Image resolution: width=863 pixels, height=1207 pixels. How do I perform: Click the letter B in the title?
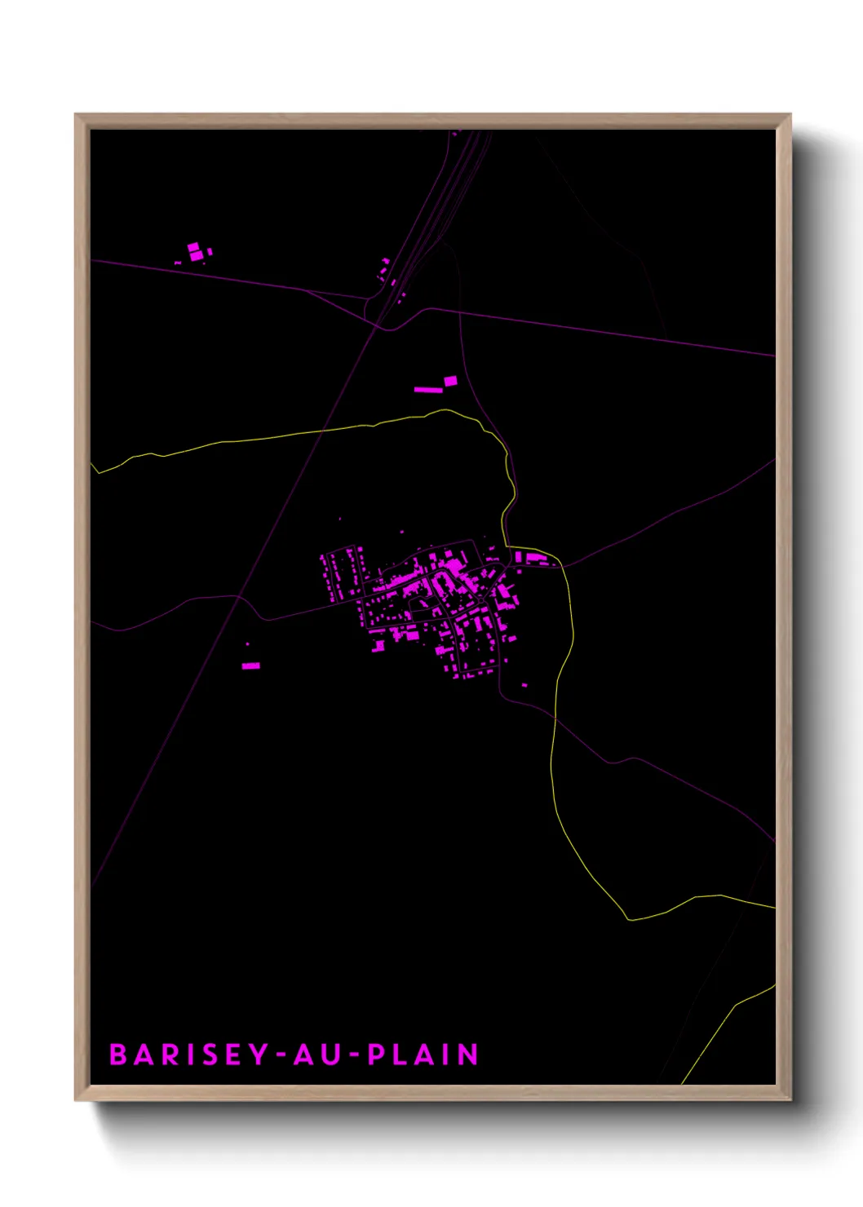[x=119, y=1054]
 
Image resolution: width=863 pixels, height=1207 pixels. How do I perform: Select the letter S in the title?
[x=211, y=1054]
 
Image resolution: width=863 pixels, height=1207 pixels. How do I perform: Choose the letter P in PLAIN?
[x=376, y=1054]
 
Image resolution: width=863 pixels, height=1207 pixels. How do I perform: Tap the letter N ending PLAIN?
[x=467, y=1054]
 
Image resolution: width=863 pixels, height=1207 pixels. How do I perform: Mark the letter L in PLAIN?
[x=400, y=1054]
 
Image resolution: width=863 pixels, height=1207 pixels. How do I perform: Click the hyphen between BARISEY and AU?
[x=281, y=1055]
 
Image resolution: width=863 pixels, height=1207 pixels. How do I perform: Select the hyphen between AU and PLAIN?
[x=353, y=1055]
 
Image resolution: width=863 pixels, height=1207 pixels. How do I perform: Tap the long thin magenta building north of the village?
[x=428, y=390]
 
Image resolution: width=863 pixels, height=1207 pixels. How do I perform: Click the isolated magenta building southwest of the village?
[x=251, y=665]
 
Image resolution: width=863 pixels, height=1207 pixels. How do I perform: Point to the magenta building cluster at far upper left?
[x=196, y=252]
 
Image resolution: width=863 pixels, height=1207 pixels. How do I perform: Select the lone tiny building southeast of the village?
[x=524, y=685]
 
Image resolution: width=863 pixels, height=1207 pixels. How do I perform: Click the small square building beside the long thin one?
[x=450, y=380]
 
